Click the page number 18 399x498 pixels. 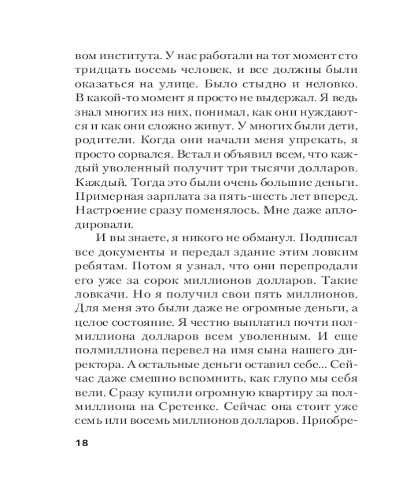point(80,443)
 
